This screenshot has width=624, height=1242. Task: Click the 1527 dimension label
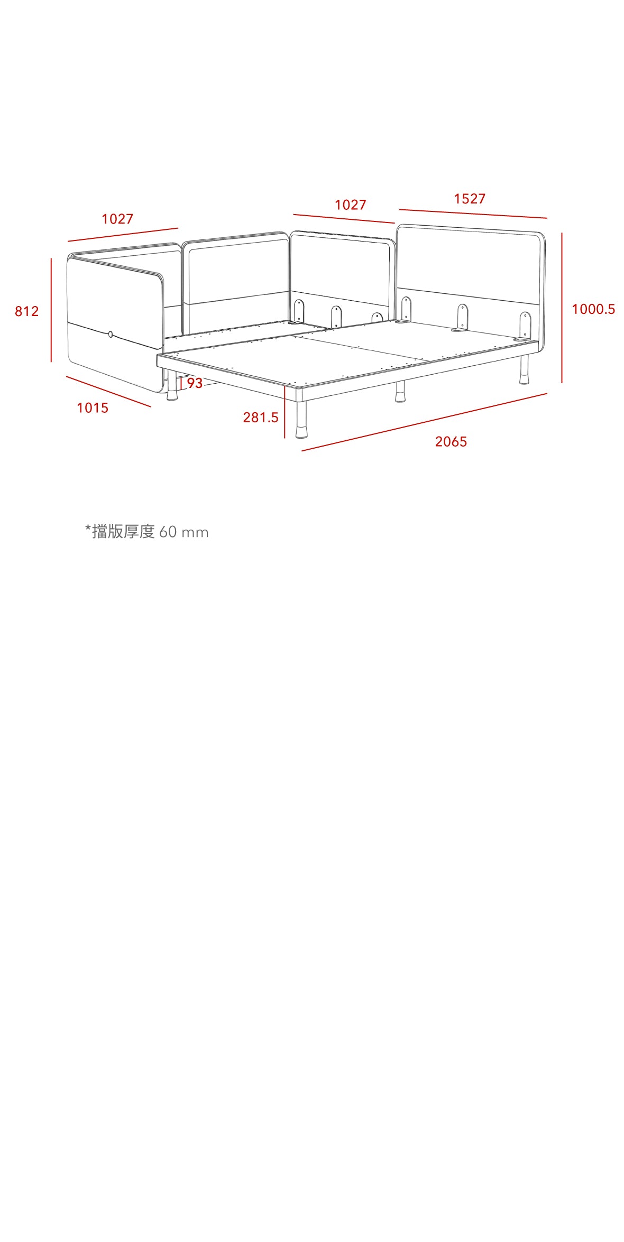(x=470, y=199)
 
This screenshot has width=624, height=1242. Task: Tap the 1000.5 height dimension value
(x=593, y=309)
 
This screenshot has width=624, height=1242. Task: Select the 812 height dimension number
(x=27, y=311)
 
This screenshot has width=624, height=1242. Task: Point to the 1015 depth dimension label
(x=93, y=408)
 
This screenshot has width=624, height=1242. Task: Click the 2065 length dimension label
(x=451, y=442)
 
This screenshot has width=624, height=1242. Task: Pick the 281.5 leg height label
(x=261, y=418)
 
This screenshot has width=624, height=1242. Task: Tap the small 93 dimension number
(x=195, y=383)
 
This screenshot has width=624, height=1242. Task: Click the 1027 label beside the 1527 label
(x=351, y=205)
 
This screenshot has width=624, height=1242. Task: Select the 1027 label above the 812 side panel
(x=117, y=219)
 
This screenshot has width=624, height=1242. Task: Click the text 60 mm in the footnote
(x=184, y=532)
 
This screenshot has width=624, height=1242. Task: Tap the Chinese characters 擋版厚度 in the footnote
(x=123, y=532)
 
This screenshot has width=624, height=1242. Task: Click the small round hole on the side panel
(x=111, y=334)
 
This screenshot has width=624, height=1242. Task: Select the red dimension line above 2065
(x=424, y=422)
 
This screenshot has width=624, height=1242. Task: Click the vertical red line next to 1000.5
(x=562, y=308)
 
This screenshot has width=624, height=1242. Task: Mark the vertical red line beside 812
(x=51, y=310)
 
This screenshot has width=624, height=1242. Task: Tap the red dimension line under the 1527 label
(x=473, y=214)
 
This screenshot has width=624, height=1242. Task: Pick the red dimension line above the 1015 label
(x=108, y=392)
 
